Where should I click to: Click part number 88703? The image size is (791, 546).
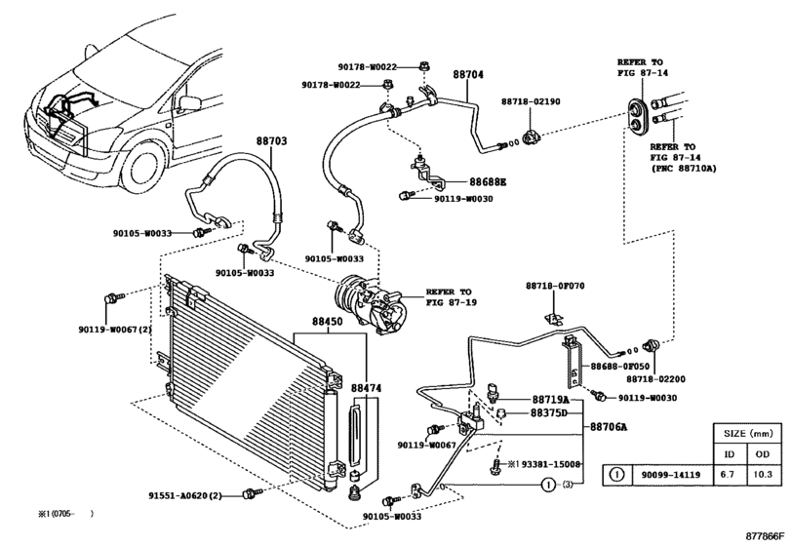pos(271,140)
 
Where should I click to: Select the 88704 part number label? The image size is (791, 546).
pos(467,74)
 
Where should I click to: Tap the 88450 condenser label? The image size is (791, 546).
pos(327,321)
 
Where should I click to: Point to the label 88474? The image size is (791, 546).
pos(367,388)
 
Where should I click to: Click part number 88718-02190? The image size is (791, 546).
pos(531,101)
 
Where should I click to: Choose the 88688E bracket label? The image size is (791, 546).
pos(488,182)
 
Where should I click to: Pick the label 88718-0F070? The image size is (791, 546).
pos(555,286)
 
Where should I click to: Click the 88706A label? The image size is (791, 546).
pos(609,427)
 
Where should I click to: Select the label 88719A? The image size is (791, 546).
pos(550,400)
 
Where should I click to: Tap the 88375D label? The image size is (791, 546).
pos(549,413)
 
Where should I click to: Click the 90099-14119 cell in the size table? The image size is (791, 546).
pos(670,475)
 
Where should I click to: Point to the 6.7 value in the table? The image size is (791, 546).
pos(730,475)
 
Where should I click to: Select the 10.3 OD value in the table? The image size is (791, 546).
pos(763,475)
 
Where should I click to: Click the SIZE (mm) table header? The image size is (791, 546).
pos(748,433)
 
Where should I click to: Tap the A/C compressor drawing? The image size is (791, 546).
pos(370,303)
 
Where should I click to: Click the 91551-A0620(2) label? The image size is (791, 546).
pos(185,495)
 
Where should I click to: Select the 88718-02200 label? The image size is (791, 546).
pos(655,379)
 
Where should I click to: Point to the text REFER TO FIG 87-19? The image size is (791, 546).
pos(451,297)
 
